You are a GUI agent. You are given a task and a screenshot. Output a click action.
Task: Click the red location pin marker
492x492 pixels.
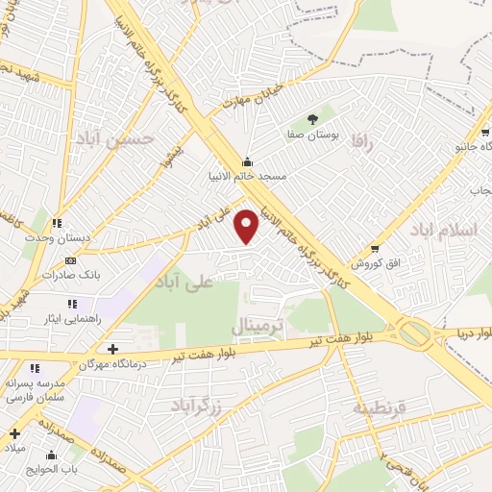click(x=247, y=226)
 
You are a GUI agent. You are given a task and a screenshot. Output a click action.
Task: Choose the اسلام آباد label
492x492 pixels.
click(x=442, y=232)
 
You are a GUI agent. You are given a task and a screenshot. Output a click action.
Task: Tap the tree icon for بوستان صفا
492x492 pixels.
click(x=312, y=120)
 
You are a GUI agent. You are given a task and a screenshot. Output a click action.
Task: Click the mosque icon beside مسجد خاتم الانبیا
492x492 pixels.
click(x=248, y=160)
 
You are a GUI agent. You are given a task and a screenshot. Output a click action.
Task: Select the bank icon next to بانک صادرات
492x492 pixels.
click(x=70, y=260)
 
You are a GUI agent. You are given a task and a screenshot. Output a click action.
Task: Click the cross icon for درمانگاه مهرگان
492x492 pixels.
click(x=113, y=349)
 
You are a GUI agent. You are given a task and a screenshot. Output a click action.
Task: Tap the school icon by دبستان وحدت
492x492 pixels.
click(x=57, y=223)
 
